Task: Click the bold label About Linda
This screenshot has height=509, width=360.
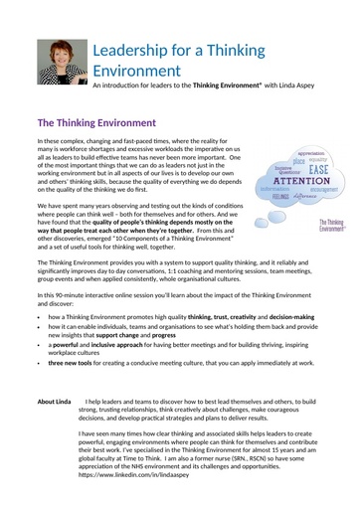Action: [x=54, y=402]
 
